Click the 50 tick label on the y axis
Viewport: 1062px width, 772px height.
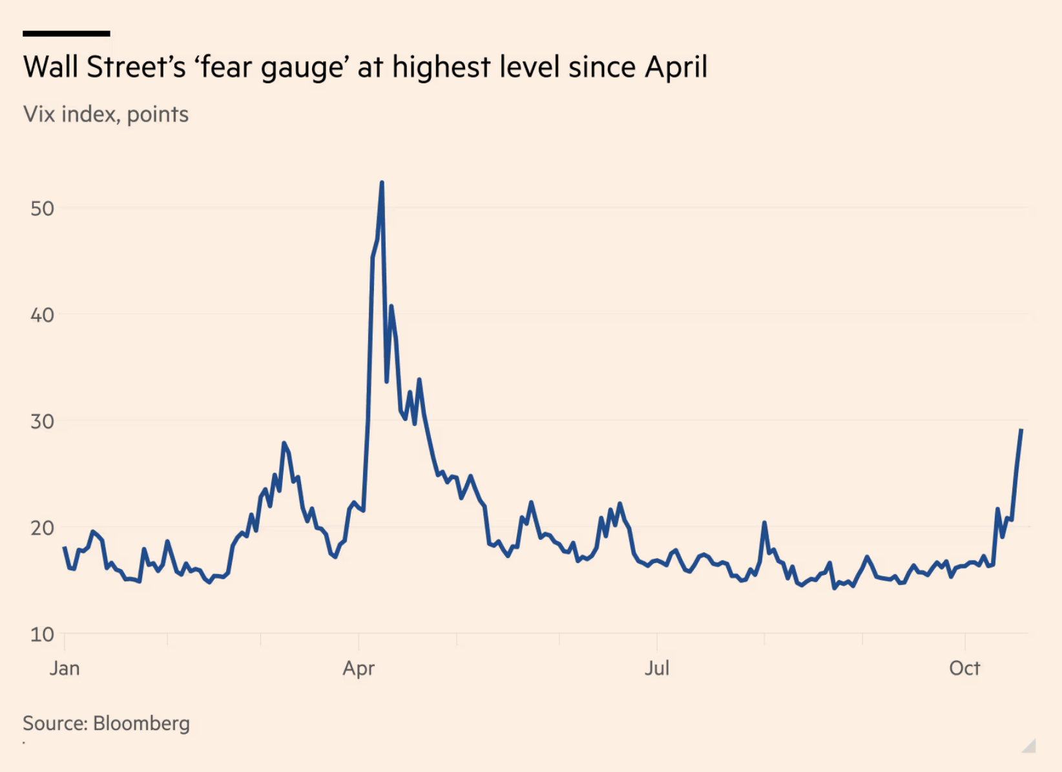point(42,208)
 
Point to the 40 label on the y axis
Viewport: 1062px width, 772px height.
point(42,315)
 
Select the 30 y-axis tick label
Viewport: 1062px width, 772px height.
point(42,422)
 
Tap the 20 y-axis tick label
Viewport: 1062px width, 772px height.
point(42,528)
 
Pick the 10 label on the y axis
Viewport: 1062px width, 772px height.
point(42,634)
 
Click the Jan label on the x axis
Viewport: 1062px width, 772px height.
point(65,668)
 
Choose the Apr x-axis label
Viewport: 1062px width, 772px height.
point(359,668)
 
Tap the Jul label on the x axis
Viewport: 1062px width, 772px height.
point(657,668)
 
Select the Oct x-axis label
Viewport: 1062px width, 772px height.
point(964,668)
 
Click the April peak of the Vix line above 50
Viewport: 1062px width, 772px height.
point(382,183)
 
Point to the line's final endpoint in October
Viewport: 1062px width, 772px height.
point(1021,430)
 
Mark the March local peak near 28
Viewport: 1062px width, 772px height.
point(284,444)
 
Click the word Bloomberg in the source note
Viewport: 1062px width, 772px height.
point(141,723)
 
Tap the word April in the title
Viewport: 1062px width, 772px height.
point(676,67)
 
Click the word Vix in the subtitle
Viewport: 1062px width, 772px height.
point(38,114)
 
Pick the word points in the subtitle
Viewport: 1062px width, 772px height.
point(158,115)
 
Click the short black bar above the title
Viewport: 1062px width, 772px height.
point(66,33)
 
